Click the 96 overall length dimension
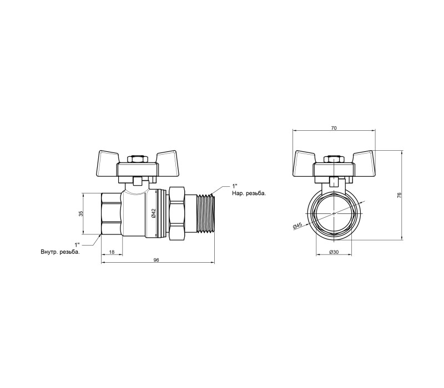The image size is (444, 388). (156, 260)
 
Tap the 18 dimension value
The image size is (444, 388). (112, 252)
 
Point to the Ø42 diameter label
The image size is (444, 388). (154, 213)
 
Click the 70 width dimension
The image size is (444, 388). (334, 128)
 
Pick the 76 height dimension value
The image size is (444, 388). (399, 195)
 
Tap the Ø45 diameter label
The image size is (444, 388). (297, 226)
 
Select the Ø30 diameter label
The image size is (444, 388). (334, 252)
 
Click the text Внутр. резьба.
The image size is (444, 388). (60, 252)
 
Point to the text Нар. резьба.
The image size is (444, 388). (249, 193)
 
